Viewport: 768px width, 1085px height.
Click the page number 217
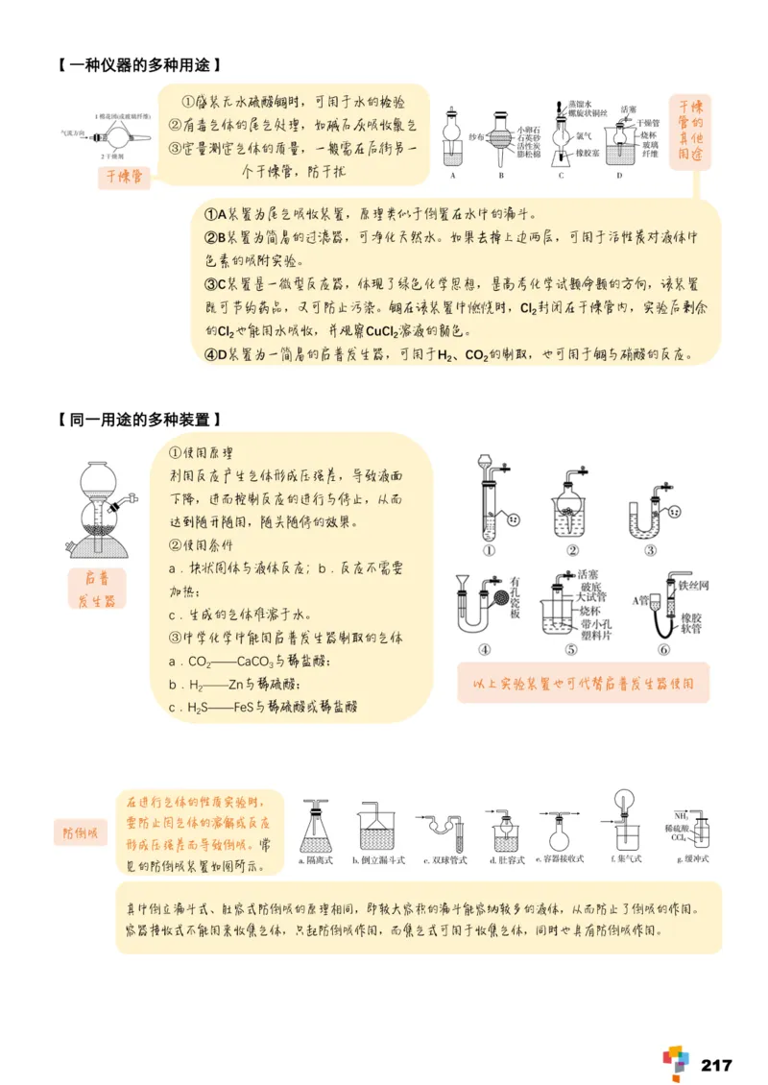(x=716, y=1065)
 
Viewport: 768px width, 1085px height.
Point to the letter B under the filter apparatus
(x=500, y=176)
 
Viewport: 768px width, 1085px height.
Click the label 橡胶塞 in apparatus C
(x=589, y=153)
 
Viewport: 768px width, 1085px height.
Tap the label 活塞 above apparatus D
(x=629, y=109)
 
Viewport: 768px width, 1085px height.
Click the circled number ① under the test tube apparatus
(x=489, y=550)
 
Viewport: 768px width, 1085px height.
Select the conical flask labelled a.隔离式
(x=314, y=825)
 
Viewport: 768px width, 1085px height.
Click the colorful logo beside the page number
(x=676, y=1061)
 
